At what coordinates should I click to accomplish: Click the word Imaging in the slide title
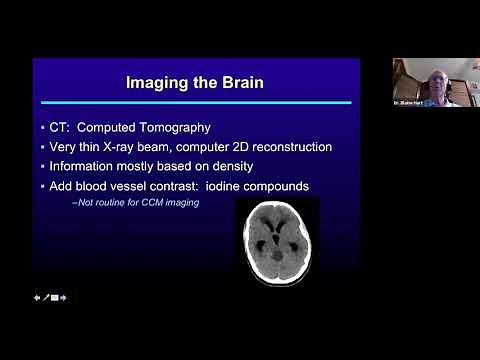coord(156,83)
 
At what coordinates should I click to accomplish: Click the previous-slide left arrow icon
coord(37,297)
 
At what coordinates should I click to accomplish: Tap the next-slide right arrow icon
coord(63,297)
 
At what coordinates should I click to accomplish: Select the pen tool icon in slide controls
coord(45,297)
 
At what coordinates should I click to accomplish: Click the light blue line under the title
coord(193,103)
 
